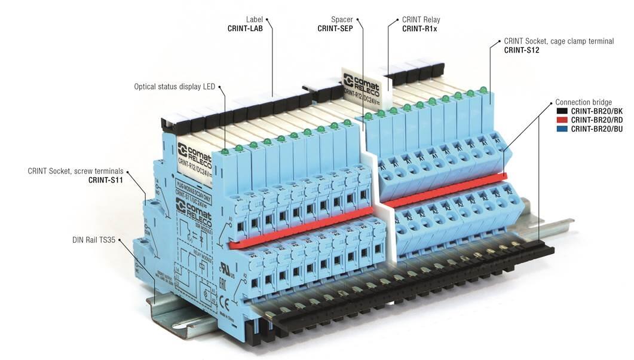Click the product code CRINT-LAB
tap(245, 28)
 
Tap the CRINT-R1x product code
tap(419, 28)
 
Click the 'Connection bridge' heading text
tap(583, 102)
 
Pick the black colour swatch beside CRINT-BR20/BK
tap(562, 111)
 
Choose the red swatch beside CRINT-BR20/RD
tap(562, 120)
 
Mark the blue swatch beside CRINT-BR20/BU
tap(562, 129)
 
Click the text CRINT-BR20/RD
tap(596, 120)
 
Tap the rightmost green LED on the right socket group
tap(483, 90)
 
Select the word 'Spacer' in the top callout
tap(341, 19)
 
